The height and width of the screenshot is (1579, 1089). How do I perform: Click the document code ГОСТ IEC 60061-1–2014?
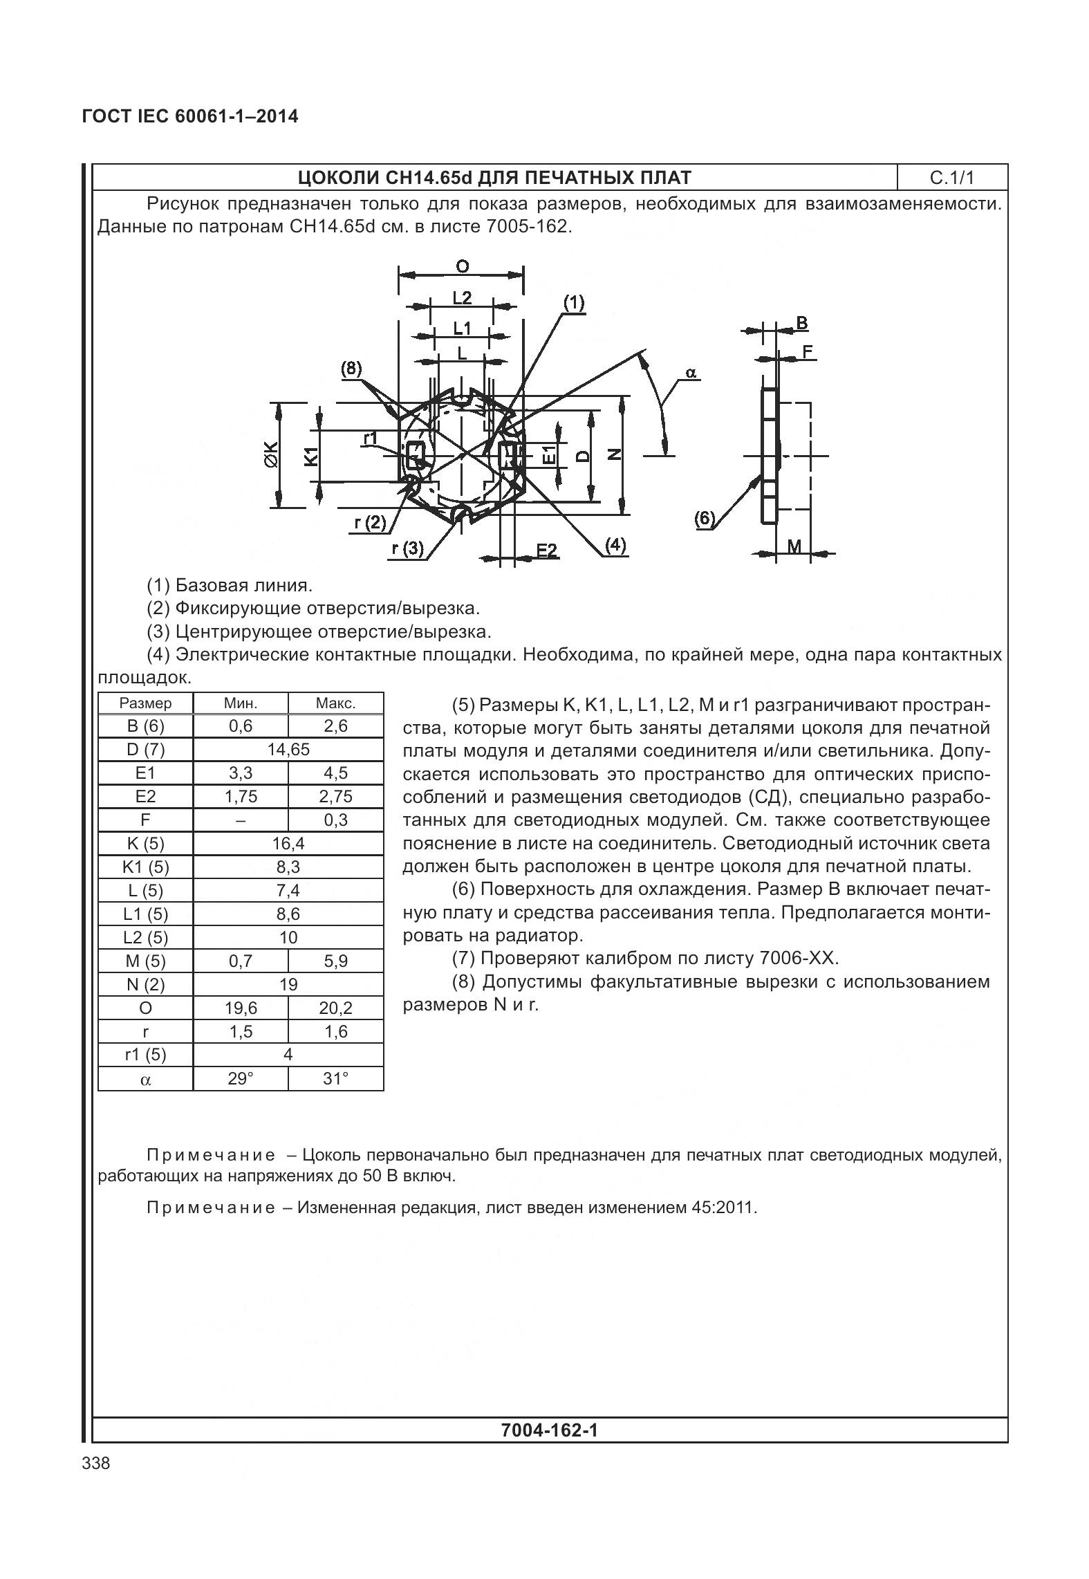[x=190, y=116]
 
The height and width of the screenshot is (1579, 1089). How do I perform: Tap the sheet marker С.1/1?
[x=951, y=178]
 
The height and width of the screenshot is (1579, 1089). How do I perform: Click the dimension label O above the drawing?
[x=462, y=266]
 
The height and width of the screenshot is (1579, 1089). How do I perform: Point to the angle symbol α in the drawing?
[x=691, y=373]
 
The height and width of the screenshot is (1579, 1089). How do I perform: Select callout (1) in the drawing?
[x=573, y=302]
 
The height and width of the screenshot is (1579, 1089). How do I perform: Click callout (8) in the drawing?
[x=351, y=369]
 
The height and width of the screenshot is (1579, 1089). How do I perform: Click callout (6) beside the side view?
[x=704, y=519]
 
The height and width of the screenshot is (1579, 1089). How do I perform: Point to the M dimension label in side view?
[x=794, y=546]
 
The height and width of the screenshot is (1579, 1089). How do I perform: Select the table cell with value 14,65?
[x=288, y=750]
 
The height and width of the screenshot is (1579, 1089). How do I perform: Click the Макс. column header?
[x=335, y=703]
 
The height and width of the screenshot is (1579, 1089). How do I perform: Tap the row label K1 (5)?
[x=145, y=867]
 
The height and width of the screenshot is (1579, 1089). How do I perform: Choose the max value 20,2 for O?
[x=335, y=1008]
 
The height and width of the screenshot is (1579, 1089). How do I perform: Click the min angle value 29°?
[x=240, y=1078]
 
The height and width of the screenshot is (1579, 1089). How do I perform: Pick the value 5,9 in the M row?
[x=335, y=961]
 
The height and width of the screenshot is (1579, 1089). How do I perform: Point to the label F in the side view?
[x=806, y=351]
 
